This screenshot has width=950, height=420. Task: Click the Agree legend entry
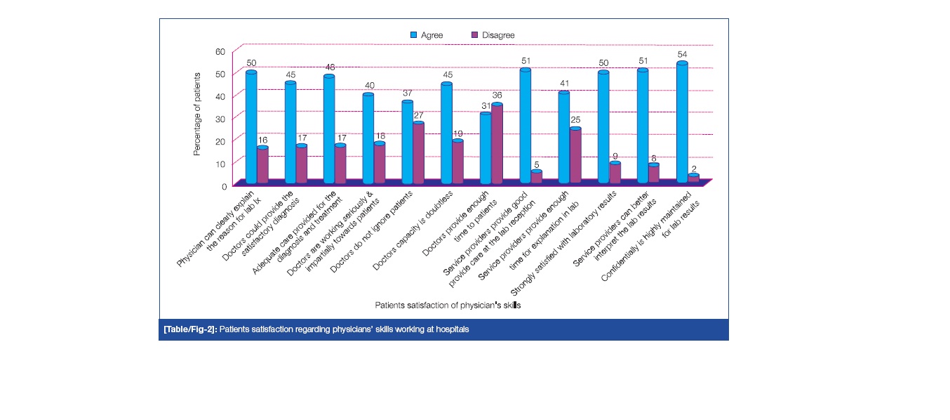point(426,34)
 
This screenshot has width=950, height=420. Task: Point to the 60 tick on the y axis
point(220,51)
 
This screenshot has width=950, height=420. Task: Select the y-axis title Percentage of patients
point(197,113)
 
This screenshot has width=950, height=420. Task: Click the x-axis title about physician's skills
point(448,306)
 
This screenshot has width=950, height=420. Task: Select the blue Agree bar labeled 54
point(681,123)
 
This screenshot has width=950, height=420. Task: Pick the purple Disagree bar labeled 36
point(497,144)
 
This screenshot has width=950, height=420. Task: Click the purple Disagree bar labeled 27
point(419,153)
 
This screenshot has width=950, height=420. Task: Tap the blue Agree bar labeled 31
point(486,148)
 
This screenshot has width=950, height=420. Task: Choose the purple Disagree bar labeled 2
point(693,178)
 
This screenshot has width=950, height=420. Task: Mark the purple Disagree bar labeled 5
point(536,176)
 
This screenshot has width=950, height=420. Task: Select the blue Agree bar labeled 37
point(408,143)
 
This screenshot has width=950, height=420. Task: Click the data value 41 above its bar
point(564,86)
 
